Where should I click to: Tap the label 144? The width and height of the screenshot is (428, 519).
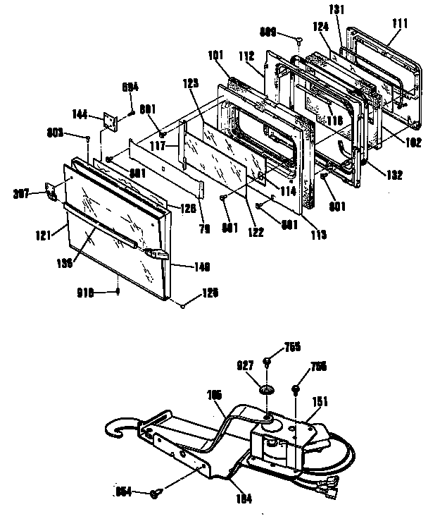80,114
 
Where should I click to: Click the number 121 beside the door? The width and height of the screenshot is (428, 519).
44,236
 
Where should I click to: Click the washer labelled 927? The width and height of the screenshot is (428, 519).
267,389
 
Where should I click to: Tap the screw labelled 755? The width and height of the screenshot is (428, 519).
269,362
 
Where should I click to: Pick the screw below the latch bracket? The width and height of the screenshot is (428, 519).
155,494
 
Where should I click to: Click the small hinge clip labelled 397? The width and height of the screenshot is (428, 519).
51,191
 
